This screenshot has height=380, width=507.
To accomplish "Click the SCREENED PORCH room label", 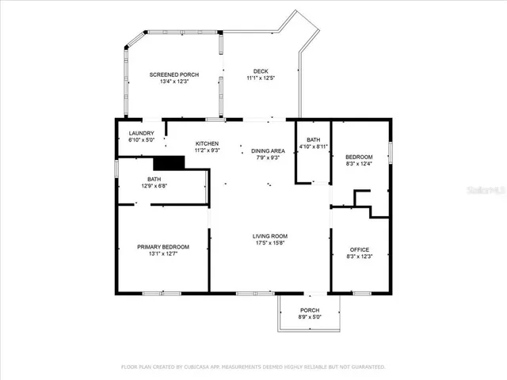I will click(x=174, y=74).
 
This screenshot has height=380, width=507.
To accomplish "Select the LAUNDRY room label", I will click(x=141, y=133).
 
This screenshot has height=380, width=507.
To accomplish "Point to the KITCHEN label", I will click(x=208, y=143).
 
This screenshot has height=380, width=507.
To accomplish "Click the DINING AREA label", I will click(x=268, y=150).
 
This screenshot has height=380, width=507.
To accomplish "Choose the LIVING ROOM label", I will click(x=270, y=236).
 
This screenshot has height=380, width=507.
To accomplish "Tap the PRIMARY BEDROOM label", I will click(x=162, y=247).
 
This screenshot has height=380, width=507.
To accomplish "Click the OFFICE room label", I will click(x=360, y=249).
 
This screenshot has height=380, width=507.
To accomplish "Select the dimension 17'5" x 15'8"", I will click(x=270, y=243).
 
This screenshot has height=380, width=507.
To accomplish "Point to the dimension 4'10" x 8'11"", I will click(x=313, y=146).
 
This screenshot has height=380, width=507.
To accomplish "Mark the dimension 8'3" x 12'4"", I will click(x=360, y=164).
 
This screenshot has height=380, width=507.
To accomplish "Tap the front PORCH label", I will click(x=310, y=310).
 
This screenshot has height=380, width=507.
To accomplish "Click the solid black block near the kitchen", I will click(x=168, y=162).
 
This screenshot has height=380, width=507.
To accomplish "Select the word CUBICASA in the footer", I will click(x=198, y=367).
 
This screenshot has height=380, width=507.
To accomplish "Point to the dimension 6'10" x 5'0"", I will click(x=141, y=140).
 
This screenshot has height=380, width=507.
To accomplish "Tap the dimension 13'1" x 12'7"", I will click(x=162, y=254).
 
